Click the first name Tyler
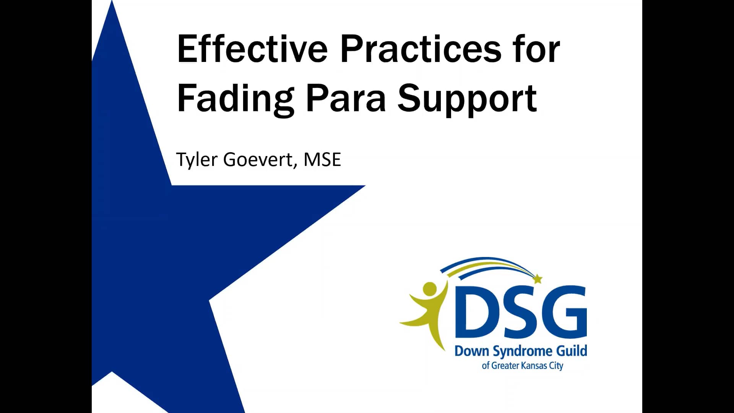coord(196,159)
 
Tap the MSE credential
coord(322,159)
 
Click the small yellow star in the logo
coord(538,279)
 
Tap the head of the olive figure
coord(430,289)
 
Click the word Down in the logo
coord(472,351)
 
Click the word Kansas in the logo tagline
coord(534,366)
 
